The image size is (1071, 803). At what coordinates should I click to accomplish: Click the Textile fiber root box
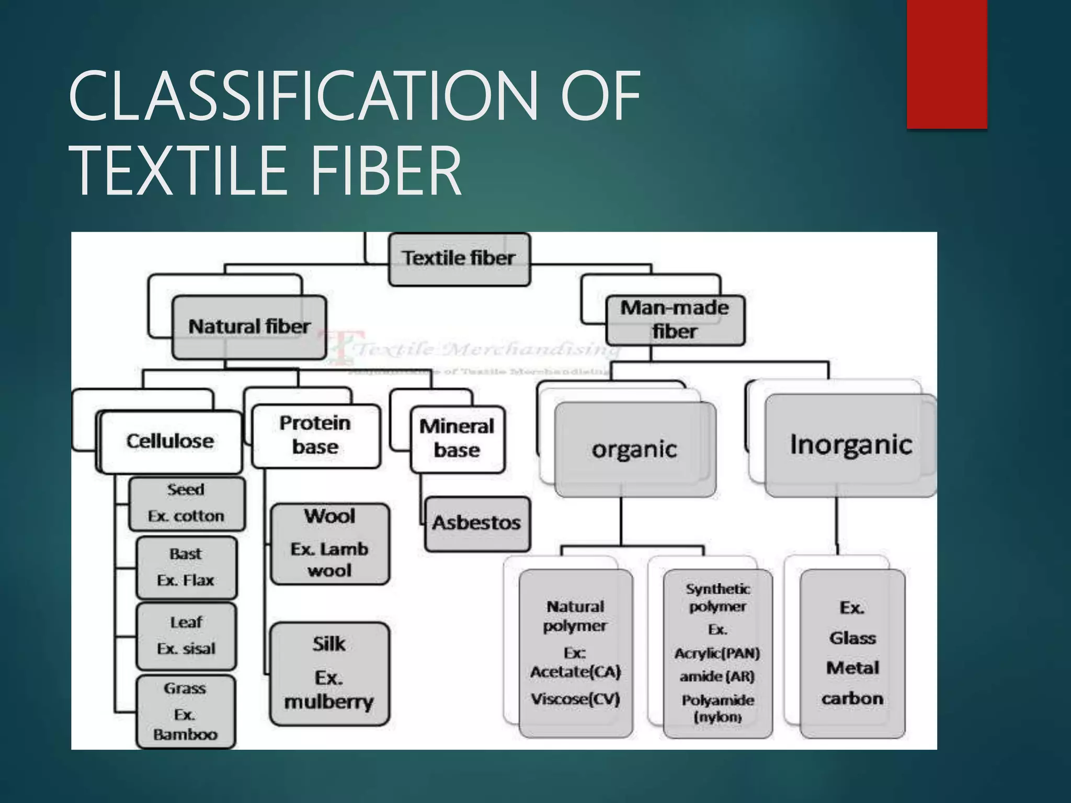pyautogui.click(x=459, y=259)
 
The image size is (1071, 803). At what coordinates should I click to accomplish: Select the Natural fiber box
pyautogui.click(x=249, y=327)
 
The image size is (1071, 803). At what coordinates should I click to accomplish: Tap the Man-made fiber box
pyautogui.click(x=675, y=320)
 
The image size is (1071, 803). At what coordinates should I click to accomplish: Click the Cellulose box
pyautogui.click(x=170, y=442)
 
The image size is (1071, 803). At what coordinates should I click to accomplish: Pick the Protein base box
pyautogui.click(x=315, y=435)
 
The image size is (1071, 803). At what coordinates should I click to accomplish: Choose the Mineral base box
pyautogui.click(x=457, y=439)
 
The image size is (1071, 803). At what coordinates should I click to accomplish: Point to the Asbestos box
pyautogui.click(x=477, y=523)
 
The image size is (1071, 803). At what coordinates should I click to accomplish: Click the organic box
pyautogui.click(x=634, y=450)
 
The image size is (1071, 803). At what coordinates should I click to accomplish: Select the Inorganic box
pyautogui.click(x=850, y=445)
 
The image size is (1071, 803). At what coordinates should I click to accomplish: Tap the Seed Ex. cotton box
pyautogui.click(x=186, y=503)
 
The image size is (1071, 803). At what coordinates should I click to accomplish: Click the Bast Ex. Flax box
pyautogui.click(x=186, y=567)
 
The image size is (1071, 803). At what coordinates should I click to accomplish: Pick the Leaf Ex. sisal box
pyautogui.click(x=186, y=636)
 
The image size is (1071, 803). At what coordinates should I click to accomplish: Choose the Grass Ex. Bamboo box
pyautogui.click(x=185, y=712)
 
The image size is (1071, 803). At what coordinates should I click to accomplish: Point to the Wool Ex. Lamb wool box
pyautogui.click(x=329, y=544)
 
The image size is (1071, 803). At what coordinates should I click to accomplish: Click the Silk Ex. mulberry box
pyautogui.click(x=329, y=673)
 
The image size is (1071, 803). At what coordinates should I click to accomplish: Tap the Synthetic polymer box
pyautogui.click(x=717, y=653)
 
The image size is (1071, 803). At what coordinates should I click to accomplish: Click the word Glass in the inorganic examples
pyautogui.click(x=852, y=638)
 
